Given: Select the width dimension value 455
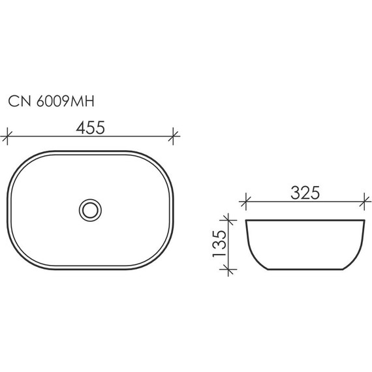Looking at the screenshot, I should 91,129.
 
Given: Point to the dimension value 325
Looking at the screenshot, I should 304,193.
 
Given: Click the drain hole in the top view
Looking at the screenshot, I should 90,209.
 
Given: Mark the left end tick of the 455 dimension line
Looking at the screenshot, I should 7,137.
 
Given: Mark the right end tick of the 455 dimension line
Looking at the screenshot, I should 174,137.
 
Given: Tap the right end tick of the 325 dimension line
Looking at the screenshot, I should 364,201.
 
